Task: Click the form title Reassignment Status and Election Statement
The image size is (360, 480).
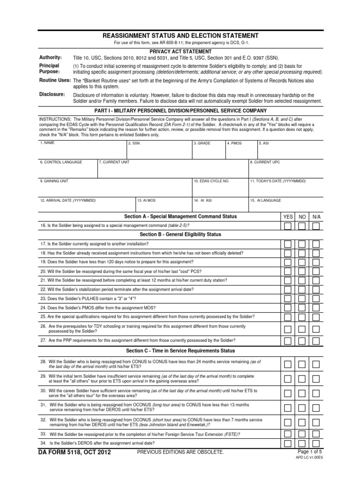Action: point(180,36)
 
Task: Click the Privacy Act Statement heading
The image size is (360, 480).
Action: point(180,51)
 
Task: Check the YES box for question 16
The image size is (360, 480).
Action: point(288,225)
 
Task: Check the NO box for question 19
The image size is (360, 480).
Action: point(302,262)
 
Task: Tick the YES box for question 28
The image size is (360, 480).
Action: point(288,364)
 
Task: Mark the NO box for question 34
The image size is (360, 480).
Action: point(302,442)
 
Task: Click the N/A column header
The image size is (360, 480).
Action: point(316,217)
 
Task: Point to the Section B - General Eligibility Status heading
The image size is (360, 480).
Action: point(180,234)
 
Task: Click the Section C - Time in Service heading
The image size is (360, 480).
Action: point(180,351)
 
